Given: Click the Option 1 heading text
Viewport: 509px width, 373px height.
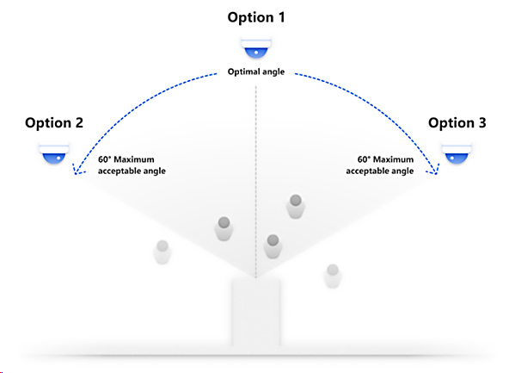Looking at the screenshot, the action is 256,17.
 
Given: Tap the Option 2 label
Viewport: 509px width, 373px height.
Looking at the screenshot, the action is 54,123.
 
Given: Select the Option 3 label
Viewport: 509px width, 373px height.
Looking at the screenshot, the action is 457,123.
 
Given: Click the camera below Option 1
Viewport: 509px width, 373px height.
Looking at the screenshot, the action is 256,47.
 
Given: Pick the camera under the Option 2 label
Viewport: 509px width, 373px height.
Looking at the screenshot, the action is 54,152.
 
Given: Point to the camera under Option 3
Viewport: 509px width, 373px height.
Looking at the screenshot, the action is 457,152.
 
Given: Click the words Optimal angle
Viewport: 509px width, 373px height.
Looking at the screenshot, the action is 256,71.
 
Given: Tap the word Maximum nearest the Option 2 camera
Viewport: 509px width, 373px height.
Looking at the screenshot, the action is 134,159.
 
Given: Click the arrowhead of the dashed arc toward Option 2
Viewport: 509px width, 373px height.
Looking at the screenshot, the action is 77,170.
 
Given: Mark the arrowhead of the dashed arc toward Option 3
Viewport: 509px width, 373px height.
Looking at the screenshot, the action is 435,170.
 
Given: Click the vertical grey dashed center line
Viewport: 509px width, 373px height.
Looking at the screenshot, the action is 256,182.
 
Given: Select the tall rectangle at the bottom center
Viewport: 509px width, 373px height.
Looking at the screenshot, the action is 256,313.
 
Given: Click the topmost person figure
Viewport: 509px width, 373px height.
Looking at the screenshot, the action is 296,207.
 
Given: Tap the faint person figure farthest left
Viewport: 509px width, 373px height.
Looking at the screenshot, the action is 163,252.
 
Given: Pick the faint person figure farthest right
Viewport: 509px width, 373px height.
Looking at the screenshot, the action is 333,277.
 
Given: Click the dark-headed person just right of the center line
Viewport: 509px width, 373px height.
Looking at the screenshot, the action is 273,246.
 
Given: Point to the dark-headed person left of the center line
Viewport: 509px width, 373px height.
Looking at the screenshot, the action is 224,229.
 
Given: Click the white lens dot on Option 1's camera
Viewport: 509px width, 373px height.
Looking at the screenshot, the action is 256,53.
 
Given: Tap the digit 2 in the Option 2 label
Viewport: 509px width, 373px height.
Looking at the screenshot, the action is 79,123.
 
